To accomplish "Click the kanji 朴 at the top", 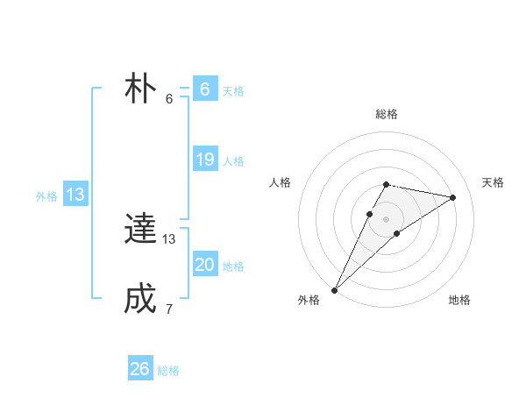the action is click(140, 89).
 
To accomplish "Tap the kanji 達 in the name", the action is click(140, 230).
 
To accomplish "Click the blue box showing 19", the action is click(205, 160).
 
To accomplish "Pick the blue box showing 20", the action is click(205, 265).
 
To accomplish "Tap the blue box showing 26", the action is click(140, 369).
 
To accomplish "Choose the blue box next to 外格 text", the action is click(75, 195).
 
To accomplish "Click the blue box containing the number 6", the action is click(205, 89).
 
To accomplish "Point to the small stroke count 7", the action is click(169, 309).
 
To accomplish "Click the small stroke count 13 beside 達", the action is click(169, 238).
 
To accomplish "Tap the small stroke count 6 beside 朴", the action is click(169, 98).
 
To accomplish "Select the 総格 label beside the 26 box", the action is click(168, 371).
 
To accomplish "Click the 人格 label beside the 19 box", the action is click(233, 161).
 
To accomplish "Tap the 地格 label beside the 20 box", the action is click(233, 266).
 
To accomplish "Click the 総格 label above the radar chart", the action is click(386, 114).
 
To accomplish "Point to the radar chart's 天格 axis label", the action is click(493, 182).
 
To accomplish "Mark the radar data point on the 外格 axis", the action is click(334, 289).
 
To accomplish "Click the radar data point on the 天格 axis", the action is click(452, 197).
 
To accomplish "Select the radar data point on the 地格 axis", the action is click(397, 233).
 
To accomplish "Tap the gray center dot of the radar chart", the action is click(386, 218).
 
